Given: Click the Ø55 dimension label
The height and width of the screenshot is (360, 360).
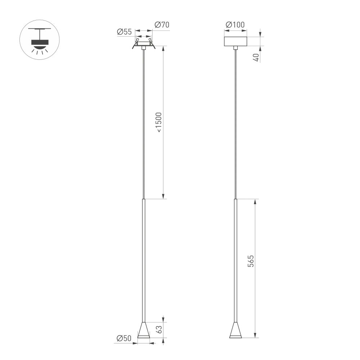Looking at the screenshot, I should [124, 32].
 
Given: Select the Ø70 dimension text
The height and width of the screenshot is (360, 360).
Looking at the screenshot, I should [162, 25].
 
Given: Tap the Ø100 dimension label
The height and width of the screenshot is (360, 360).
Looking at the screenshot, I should [235, 25].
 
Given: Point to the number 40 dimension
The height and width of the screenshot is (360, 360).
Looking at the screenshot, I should [256, 58].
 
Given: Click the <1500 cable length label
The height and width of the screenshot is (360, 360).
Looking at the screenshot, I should [159, 122].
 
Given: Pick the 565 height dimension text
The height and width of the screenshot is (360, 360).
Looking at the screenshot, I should [251, 261].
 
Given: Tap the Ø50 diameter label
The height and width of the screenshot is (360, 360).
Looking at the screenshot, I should [124, 338].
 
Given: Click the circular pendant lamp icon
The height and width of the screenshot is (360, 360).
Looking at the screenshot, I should [40, 40].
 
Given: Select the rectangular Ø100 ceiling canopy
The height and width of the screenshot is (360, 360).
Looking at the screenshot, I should [235, 41].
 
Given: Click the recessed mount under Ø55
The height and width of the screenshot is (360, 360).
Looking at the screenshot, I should [144, 45].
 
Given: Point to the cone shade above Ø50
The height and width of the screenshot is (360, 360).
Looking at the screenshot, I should [144, 330].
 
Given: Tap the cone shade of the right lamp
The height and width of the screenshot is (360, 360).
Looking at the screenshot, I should [235, 330].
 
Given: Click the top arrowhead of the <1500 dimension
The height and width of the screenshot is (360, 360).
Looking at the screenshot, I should [163, 49].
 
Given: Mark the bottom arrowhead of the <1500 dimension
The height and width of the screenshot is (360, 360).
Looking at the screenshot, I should [163, 196].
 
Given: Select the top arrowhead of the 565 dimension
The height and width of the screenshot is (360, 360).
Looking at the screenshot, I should [255, 201].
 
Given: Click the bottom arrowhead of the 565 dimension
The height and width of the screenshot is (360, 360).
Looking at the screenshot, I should [255, 336].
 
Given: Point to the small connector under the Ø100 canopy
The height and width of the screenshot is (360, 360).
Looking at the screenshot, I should [235, 48].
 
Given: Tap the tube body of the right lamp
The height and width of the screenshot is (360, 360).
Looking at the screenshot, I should [235, 259].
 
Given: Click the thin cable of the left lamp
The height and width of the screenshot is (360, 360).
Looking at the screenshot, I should [144, 122].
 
